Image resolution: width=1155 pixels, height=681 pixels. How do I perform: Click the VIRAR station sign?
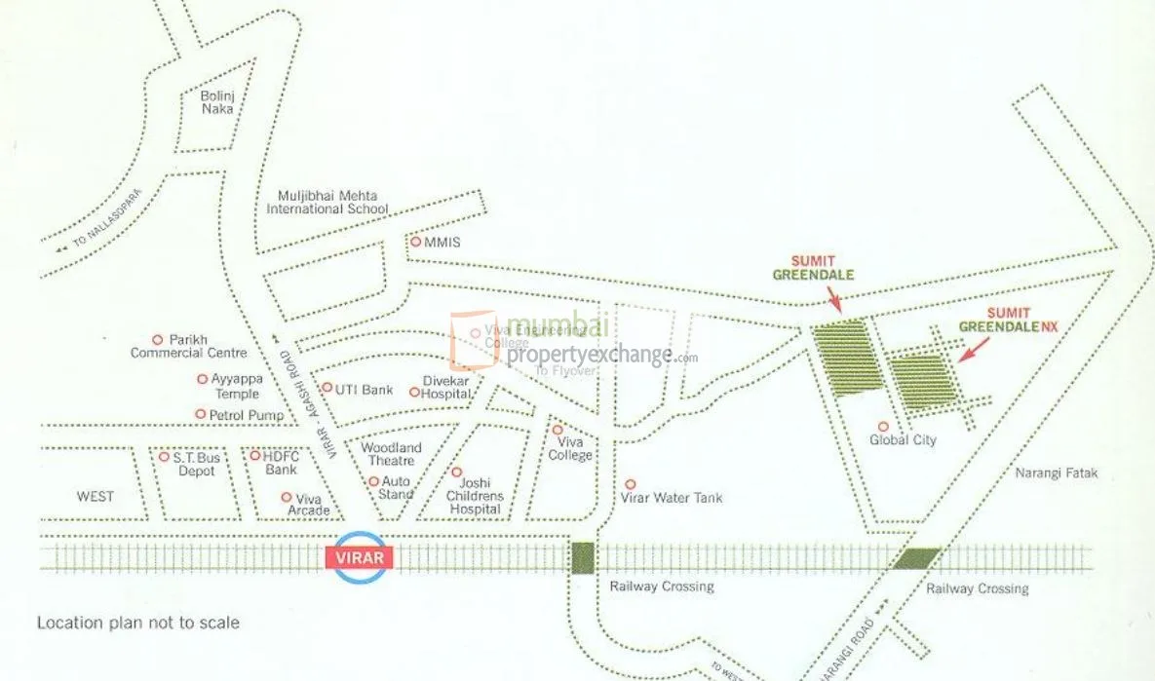coord(360,558)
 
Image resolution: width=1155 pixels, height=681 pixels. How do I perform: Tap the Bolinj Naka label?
coord(217,102)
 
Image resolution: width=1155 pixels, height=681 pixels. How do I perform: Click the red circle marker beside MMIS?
coord(415,242)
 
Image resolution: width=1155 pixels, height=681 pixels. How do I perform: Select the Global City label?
coord(903,440)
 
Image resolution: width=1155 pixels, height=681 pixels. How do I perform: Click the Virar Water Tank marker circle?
coord(631,483)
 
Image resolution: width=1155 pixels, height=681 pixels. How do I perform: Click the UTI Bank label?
coord(364,390)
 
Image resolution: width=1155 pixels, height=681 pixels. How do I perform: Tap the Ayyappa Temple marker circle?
coord(203,379)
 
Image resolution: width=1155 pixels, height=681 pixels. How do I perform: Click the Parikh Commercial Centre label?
coord(189,346)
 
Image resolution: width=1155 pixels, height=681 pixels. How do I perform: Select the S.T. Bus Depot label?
coord(196,463)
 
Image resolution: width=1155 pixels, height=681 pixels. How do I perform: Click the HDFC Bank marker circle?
coord(255,455)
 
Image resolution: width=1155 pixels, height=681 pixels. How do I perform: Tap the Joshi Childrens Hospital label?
coord(476,496)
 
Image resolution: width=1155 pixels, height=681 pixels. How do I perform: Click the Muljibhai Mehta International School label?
coord(327,202)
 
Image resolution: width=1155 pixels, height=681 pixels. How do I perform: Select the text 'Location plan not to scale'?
coord(137,622)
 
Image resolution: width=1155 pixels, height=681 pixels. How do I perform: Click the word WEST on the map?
coord(96,497)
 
